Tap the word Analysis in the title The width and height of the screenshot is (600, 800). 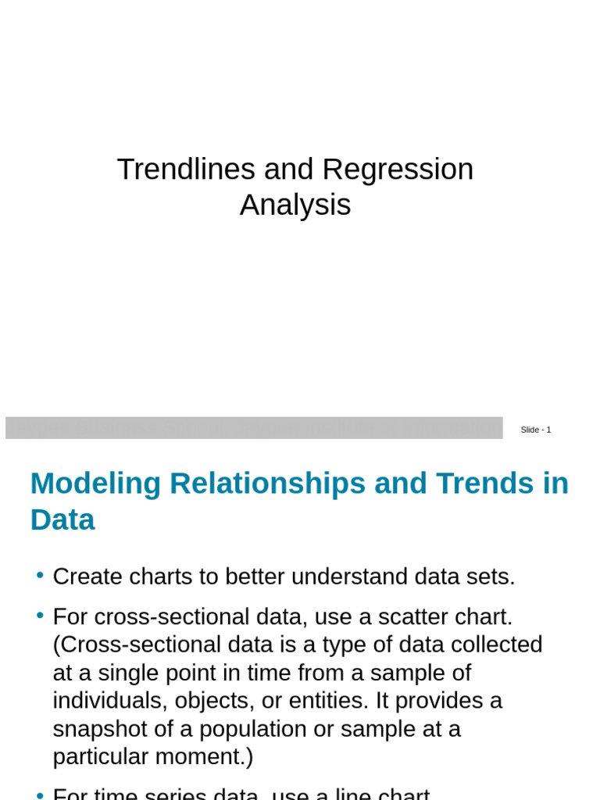(x=295, y=205)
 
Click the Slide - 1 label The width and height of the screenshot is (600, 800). (x=536, y=430)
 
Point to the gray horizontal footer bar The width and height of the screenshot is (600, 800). (x=254, y=427)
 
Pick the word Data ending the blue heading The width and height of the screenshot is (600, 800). (x=62, y=520)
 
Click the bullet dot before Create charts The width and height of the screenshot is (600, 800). (x=40, y=576)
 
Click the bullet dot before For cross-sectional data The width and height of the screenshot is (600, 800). (x=40, y=616)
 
